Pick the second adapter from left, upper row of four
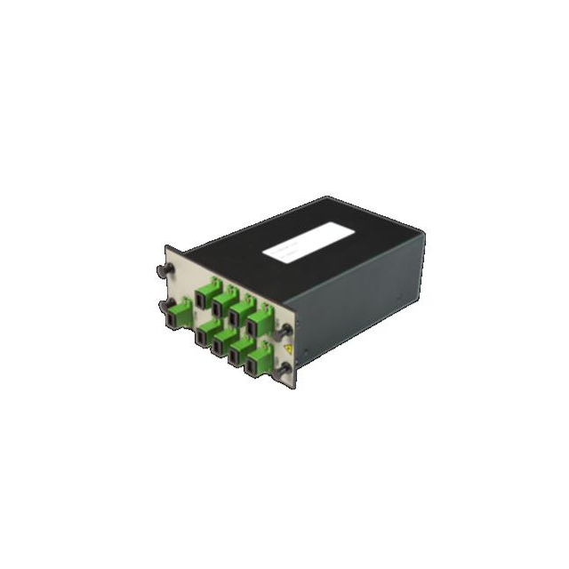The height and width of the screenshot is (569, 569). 221,304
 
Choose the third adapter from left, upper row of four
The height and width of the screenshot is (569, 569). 239,313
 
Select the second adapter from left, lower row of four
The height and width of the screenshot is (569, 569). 221,345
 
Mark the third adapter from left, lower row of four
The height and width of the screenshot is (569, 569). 240,354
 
